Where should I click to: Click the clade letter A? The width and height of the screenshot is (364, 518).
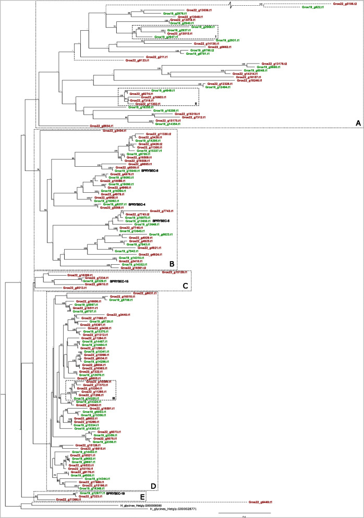click(x=358, y=122)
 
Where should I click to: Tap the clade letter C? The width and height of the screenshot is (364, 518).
click(x=185, y=286)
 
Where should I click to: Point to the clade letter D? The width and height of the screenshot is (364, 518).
click(x=153, y=486)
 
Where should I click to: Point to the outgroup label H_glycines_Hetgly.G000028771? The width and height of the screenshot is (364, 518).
click(x=174, y=509)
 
